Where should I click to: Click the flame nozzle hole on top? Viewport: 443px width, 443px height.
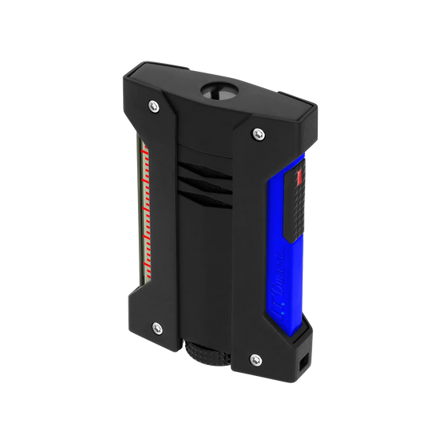pyautogui.click(x=221, y=91)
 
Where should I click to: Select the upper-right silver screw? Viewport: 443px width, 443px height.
pyautogui.click(x=259, y=133)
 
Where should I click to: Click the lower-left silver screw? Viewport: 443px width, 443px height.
pyautogui.click(x=156, y=326)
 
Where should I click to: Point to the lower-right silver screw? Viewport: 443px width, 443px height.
pyautogui.click(x=255, y=359)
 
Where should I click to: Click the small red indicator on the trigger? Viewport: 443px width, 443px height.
pyautogui.click(x=299, y=178)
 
